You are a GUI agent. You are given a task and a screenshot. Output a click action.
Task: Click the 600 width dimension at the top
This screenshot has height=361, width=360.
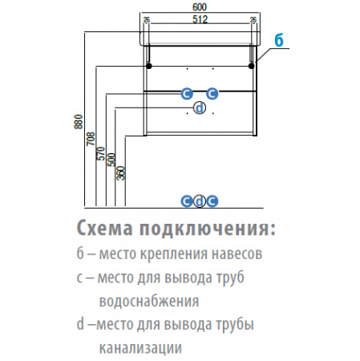pos(200,7)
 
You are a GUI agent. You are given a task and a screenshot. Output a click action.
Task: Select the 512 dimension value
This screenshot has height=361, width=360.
pos(200,19)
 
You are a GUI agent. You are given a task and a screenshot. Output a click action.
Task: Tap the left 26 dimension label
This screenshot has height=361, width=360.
pos(147,20)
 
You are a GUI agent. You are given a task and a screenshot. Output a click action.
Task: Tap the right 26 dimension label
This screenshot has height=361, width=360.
pos(253,20)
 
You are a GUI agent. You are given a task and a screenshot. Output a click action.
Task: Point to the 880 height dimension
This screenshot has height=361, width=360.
pos(79,122)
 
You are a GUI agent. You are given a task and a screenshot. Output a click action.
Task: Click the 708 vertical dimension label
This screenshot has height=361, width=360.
pos(91,139)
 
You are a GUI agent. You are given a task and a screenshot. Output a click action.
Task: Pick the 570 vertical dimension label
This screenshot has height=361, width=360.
pos(101,153)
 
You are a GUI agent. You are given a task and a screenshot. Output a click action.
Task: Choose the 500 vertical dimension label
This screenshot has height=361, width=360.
pos(111,160)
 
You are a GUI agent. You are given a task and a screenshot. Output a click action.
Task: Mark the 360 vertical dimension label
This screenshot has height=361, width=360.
pos(121,173)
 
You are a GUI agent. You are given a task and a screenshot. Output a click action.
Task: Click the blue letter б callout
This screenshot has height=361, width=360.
pos(279,41)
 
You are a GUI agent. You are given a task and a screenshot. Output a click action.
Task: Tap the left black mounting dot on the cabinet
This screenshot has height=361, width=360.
pos(149,66)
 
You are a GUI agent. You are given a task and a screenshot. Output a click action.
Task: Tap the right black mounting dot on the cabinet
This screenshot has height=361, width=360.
pos(251,66)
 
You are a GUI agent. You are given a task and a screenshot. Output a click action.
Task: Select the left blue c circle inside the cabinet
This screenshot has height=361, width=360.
pos(187,94)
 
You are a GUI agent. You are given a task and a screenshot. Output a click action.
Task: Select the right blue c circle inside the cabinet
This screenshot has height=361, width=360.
pos(212,94)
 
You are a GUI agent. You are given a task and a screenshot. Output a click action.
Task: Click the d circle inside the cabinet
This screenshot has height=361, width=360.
pos(200,108)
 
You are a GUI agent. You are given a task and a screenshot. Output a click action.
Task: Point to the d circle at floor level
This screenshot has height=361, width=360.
pos(200,201)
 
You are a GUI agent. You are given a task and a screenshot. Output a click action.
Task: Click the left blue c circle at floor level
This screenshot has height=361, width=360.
pos(187,201)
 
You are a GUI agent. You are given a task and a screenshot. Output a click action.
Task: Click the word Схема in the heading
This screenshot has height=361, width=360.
pos(104,229)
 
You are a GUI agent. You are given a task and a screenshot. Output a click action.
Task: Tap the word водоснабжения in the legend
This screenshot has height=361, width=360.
pos(149,301)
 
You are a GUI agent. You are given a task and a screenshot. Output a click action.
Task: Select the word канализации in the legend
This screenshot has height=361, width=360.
pos(140,348)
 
